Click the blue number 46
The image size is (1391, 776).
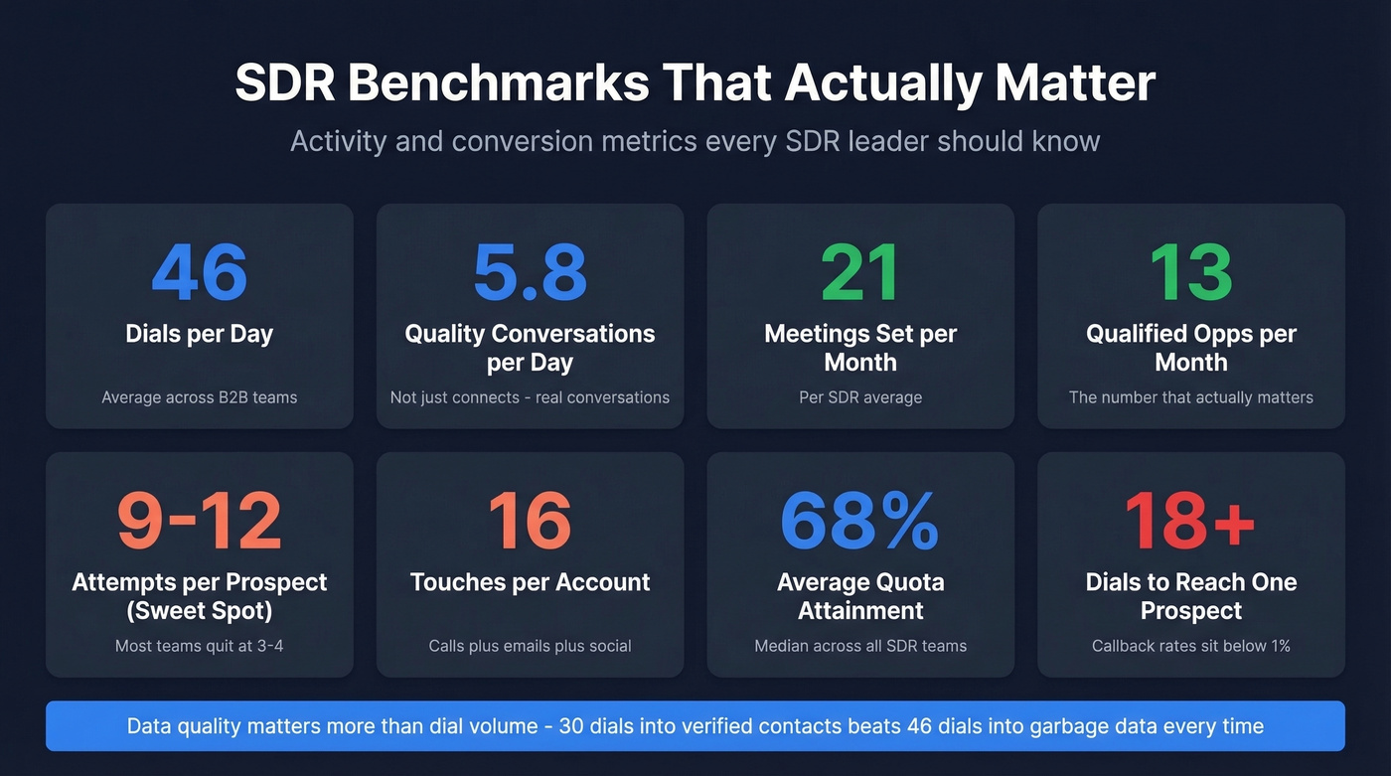[x=199, y=271]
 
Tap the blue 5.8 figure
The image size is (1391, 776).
[x=530, y=271]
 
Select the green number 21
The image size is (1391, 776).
[x=860, y=271]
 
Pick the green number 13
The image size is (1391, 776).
[x=1190, y=271]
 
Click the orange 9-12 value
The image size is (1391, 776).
[x=199, y=521]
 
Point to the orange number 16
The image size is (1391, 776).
[x=530, y=521]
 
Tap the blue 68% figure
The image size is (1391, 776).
[x=860, y=521]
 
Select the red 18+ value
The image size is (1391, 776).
[x=1190, y=521]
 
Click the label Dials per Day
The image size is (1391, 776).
[x=199, y=334]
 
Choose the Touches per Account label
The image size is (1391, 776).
[x=530, y=582]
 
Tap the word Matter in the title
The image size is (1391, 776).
[x=1075, y=83]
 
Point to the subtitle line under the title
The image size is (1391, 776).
[x=695, y=141]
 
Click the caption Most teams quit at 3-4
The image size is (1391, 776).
[x=199, y=646]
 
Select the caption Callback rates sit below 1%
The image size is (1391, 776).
[x=1190, y=646]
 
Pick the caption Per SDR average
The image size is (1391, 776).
[x=860, y=397]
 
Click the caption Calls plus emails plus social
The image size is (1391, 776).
[x=530, y=646]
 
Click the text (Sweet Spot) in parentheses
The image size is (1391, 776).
[x=199, y=610]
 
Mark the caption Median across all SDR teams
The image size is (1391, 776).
[x=860, y=646]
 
